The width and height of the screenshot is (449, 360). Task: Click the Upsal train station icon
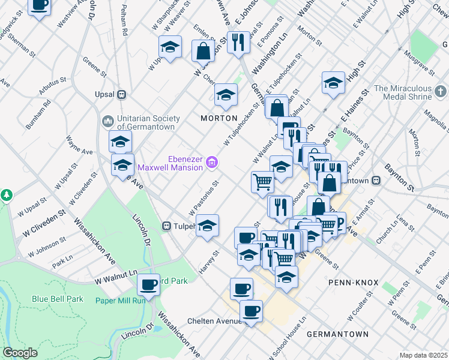click(122, 94)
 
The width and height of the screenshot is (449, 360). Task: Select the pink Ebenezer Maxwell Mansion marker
click(211, 162)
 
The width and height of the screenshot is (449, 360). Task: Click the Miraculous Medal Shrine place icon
click(441, 92)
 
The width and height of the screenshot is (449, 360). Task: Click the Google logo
click(20, 353)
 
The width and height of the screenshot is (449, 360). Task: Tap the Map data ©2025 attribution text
click(423, 355)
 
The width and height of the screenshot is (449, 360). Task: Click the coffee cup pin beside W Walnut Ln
click(148, 284)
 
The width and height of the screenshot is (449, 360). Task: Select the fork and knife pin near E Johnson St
click(238, 42)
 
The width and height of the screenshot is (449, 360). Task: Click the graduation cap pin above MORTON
click(226, 95)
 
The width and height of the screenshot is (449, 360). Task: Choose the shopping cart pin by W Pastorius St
click(262, 182)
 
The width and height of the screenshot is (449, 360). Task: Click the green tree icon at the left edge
click(7, 195)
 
